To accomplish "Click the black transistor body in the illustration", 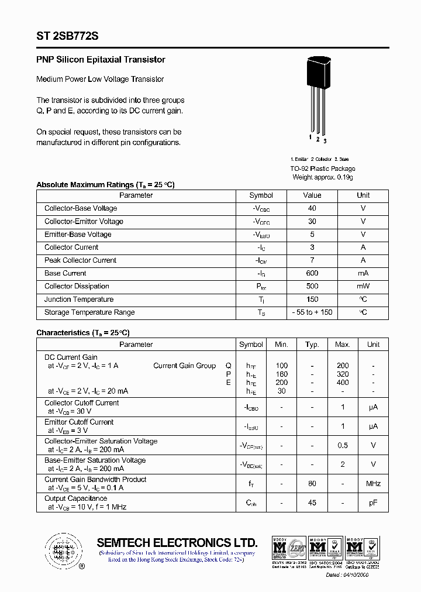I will pyautogui.click(x=319, y=73).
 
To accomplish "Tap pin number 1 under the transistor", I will pyautogui.click(x=310, y=137).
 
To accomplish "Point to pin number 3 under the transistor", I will pyautogui.click(x=325, y=141).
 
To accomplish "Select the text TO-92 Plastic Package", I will pyautogui.click(x=323, y=168).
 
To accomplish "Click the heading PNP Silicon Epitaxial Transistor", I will pyautogui.click(x=101, y=60).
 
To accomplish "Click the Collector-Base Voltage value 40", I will pyautogui.click(x=312, y=208).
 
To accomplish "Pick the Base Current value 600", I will pyautogui.click(x=312, y=273).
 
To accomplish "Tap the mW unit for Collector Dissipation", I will pyautogui.click(x=363, y=286).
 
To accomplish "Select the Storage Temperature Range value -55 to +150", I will pyautogui.click(x=312, y=312).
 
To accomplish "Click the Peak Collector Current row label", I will pyautogui.click(x=80, y=260).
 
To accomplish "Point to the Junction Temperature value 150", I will pyautogui.click(x=312, y=299).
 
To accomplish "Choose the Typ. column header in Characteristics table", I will pyautogui.click(x=312, y=345).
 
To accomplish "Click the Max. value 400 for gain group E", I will pyautogui.click(x=343, y=383).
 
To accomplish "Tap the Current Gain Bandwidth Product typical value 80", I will pyautogui.click(x=312, y=484).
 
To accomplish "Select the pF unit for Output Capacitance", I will pyautogui.click(x=373, y=502).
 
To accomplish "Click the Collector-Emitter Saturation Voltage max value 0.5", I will pyautogui.click(x=343, y=445).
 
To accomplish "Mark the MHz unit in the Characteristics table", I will pyautogui.click(x=373, y=484).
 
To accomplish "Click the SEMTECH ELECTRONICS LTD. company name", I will pyautogui.click(x=177, y=542).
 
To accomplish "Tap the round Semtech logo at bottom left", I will pyautogui.click(x=63, y=550).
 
